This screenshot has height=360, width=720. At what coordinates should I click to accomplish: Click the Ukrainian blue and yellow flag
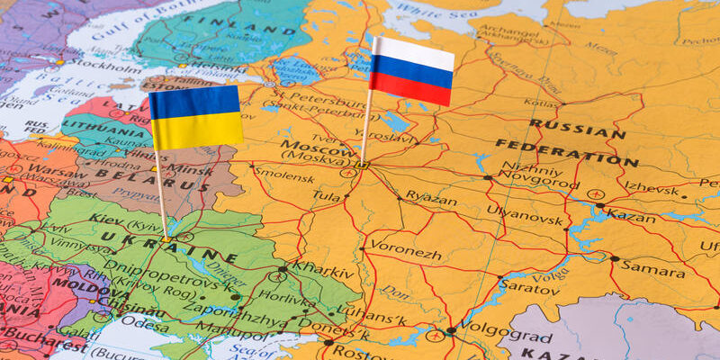point(195,117)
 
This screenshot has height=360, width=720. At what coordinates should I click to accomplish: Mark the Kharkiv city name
point(319,266)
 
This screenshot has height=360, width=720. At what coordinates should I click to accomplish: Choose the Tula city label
point(326,194)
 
